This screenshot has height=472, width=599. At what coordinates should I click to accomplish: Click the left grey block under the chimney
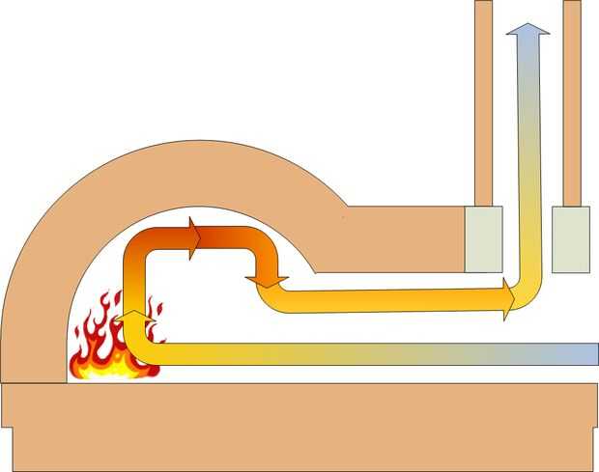tap(483, 238)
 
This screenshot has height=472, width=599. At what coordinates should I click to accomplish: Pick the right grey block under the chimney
tap(570, 238)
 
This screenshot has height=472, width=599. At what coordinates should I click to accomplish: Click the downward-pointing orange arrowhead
tap(266, 279)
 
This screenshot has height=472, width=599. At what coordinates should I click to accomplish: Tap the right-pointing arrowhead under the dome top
tap(195, 237)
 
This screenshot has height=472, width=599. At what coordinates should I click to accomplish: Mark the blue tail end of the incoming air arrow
tap(585, 352)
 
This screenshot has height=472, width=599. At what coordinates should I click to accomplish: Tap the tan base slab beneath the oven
tap(299, 425)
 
